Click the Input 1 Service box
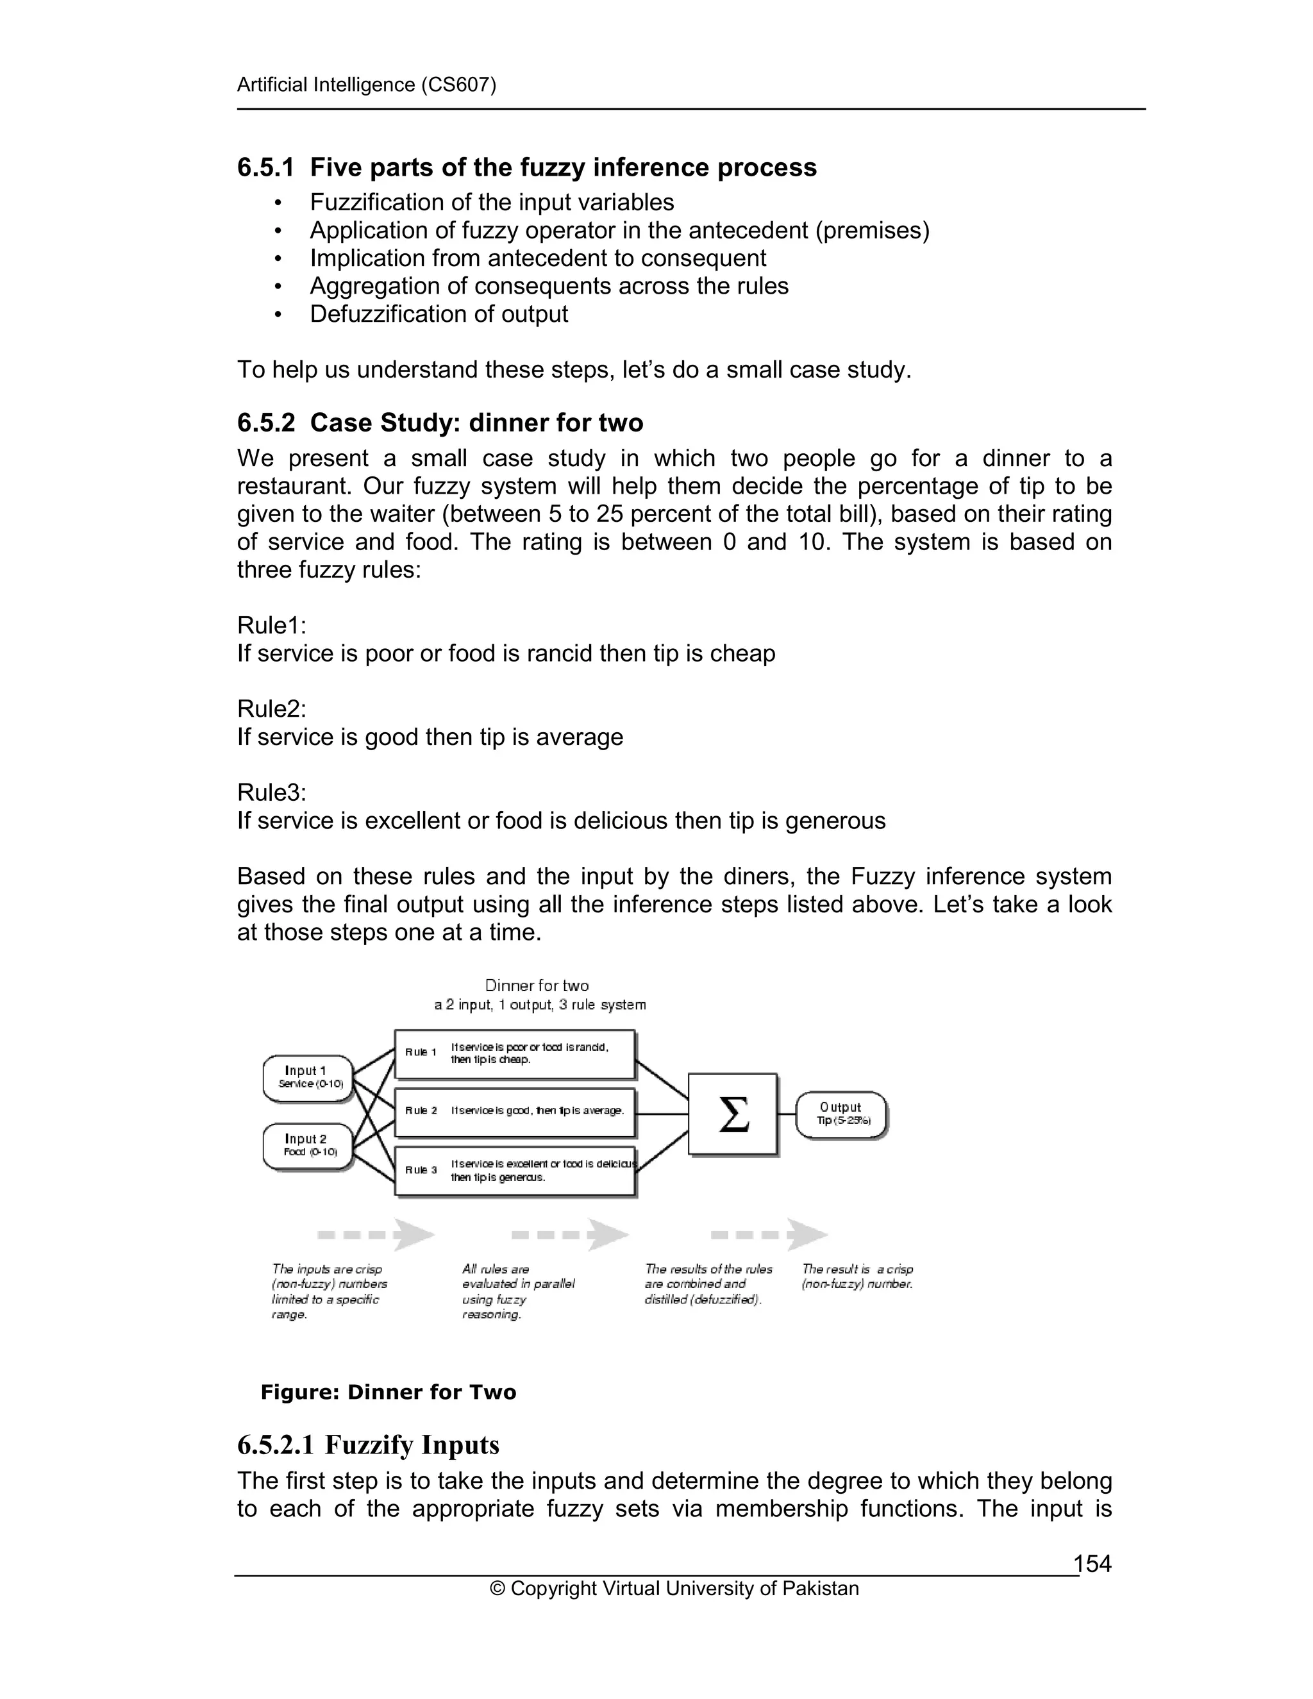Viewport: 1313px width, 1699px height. (x=309, y=1078)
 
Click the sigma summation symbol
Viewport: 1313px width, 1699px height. (x=733, y=1114)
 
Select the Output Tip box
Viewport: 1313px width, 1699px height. (x=842, y=1114)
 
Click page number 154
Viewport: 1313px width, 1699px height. (x=1092, y=1564)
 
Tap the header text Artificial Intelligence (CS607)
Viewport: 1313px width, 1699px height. (x=366, y=85)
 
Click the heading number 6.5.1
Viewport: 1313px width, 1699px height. (x=266, y=167)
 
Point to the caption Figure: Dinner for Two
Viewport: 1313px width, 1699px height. (x=388, y=1392)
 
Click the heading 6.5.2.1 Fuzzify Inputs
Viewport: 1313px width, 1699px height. (x=368, y=1444)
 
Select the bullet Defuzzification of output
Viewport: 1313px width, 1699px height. (x=439, y=314)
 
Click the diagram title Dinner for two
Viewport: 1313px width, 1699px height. (x=537, y=985)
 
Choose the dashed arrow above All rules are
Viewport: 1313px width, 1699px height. (x=569, y=1235)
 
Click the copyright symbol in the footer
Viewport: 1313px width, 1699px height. (x=497, y=1589)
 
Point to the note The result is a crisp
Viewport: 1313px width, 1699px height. (x=857, y=1269)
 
